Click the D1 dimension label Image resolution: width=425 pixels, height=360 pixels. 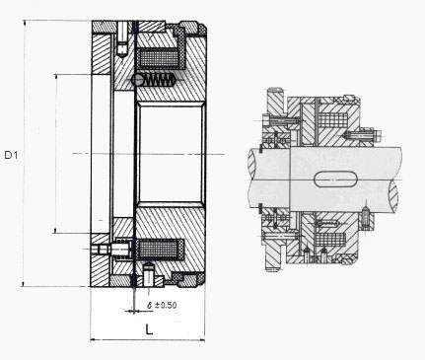(11, 155)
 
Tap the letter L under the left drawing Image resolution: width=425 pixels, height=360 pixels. (149, 329)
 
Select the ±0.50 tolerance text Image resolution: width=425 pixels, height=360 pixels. (166, 305)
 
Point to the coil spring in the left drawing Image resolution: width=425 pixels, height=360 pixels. (157, 79)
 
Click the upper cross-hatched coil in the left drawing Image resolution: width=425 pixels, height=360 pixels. (160, 58)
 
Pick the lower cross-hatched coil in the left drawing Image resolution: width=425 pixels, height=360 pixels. (160, 249)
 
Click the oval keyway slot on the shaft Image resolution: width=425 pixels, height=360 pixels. (335, 180)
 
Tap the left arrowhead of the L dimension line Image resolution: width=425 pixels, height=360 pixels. (93, 340)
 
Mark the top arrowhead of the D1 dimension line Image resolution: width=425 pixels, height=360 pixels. (24, 23)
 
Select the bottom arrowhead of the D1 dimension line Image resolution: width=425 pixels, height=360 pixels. (24, 284)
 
